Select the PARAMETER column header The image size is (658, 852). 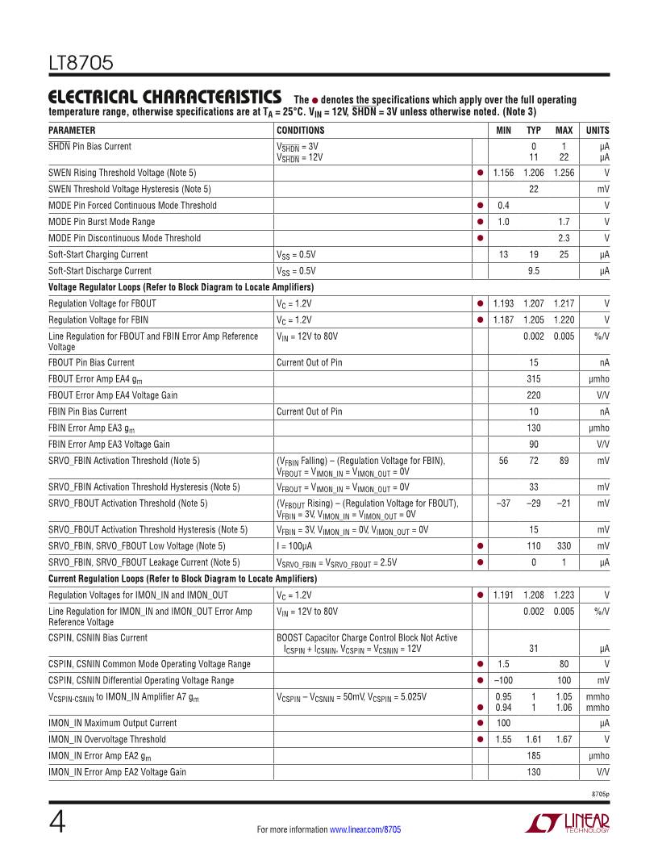[x=72, y=130]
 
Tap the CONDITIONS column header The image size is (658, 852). [x=300, y=130]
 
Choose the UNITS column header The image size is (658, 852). [x=598, y=130]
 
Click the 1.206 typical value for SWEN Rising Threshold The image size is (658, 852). [x=533, y=173]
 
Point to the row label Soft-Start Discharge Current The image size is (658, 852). [x=99, y=271]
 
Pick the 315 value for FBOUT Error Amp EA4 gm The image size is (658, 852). [x=533, y=379]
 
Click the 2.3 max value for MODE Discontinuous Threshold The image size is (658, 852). [x=564, y=238]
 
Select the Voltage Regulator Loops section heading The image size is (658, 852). [x=181, y=287]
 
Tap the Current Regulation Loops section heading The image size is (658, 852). [x=182, y=579]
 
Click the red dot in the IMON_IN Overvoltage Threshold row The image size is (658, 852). [x=480, y=739]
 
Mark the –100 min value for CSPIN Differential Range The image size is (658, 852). [x=503, y=680]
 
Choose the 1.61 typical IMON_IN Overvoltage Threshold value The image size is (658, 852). [x=533, y=739]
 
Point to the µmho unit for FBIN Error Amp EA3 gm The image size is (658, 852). [x=599, y=428]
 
